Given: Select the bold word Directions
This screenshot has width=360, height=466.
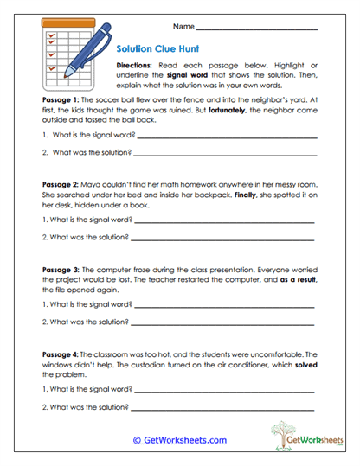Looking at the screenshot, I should (x=137, y=66).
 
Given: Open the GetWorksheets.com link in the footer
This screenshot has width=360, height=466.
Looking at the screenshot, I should (x=179, y=440).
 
